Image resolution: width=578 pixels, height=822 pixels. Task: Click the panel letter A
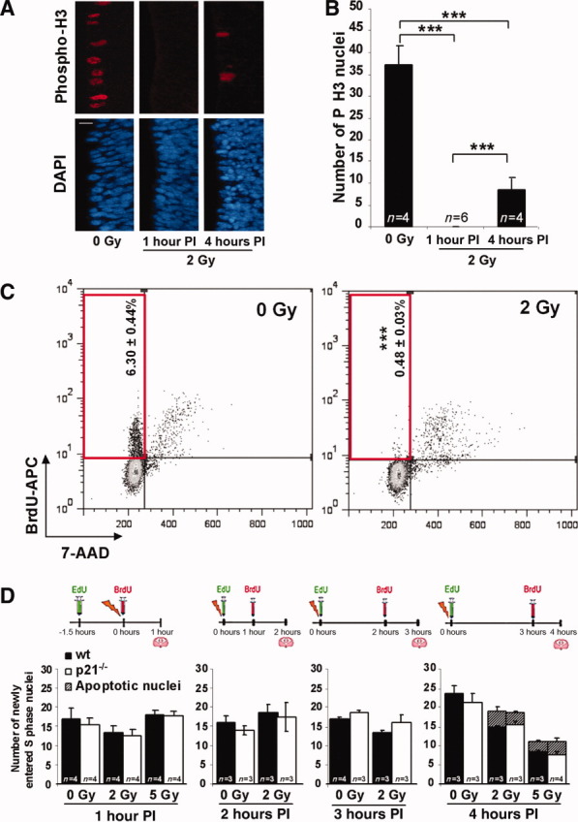click(x=11, y=12)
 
